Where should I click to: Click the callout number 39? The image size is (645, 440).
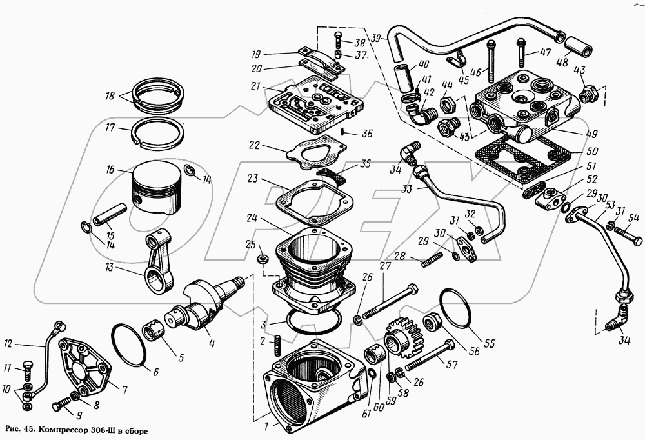[377, 38]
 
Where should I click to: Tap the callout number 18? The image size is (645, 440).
[110, 96]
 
